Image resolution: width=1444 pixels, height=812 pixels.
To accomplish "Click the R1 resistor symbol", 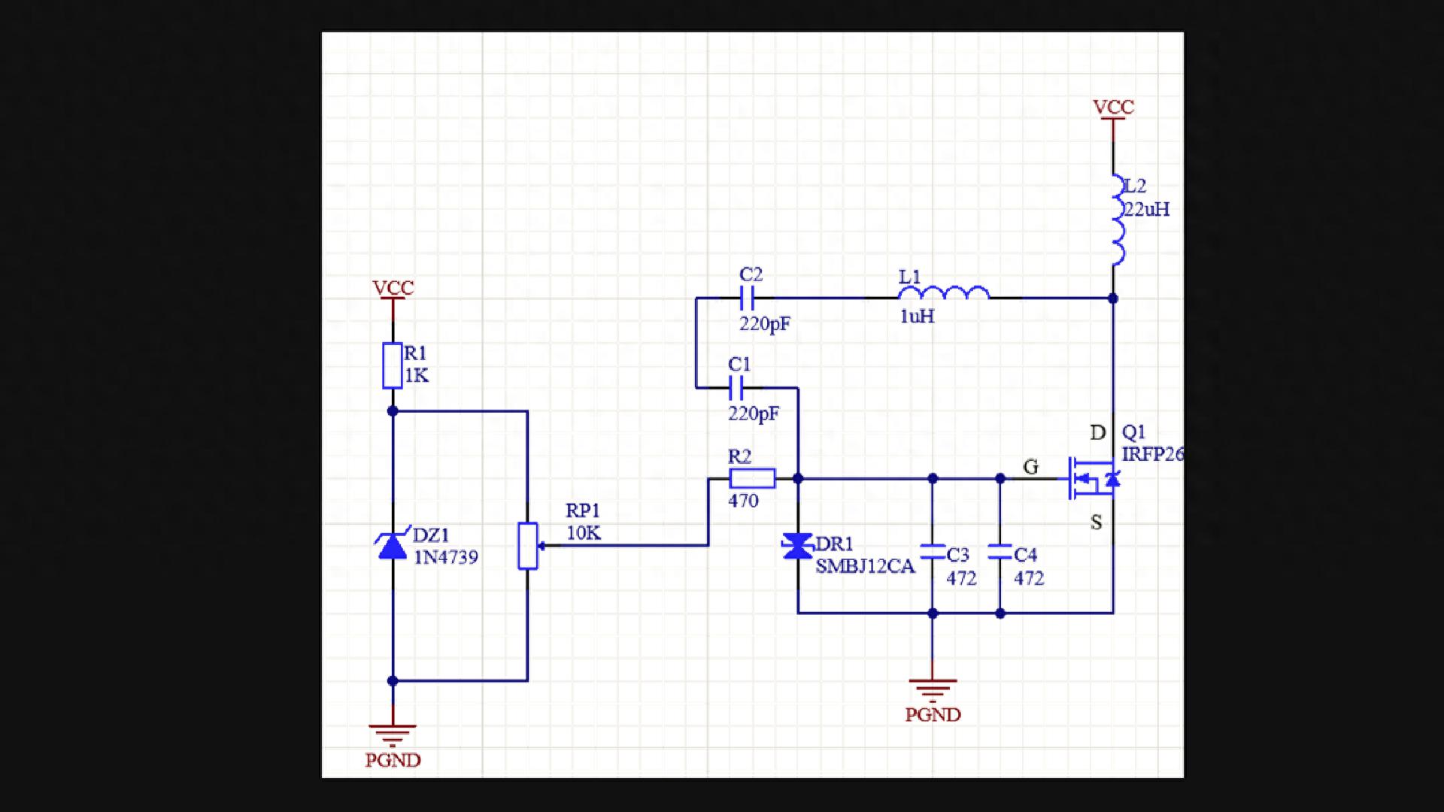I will [x=392, y=365].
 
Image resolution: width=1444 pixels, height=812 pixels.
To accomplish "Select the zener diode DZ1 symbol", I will [x=393, y=545].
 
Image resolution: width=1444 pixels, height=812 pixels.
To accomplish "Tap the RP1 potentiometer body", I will [x=528, y=546].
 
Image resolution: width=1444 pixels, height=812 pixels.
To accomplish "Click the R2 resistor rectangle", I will [x=752, y=478].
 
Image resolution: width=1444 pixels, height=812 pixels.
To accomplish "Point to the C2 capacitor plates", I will [x=747, y=298].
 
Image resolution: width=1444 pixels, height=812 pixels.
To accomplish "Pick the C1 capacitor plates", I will [x=736, y=388].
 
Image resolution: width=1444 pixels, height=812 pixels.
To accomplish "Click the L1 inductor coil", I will [x=944, y=293].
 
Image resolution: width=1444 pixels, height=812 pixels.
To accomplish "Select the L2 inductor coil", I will [x=1118, y=220].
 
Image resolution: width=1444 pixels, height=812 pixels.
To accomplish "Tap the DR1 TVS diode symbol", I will [x=797, y=547].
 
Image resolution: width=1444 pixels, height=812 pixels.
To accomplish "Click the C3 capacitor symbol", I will [x=933, y=552].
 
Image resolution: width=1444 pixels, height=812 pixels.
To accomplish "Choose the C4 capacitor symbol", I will [x=1000, y=552].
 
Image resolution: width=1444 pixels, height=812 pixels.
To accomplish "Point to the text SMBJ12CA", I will [x=865, y=566].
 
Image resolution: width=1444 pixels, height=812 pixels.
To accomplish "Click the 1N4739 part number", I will [x=446, y=557].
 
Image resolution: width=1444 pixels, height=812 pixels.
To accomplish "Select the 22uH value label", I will [x=1146, y=209].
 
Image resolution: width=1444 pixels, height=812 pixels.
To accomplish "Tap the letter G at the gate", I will [x=1031, y=467].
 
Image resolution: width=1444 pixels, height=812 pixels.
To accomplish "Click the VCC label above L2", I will [x=1113, y=108].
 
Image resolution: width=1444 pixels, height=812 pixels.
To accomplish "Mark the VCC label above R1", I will [x=393, y=288].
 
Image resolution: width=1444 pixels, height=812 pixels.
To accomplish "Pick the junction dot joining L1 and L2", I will [x=1113, y=298].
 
